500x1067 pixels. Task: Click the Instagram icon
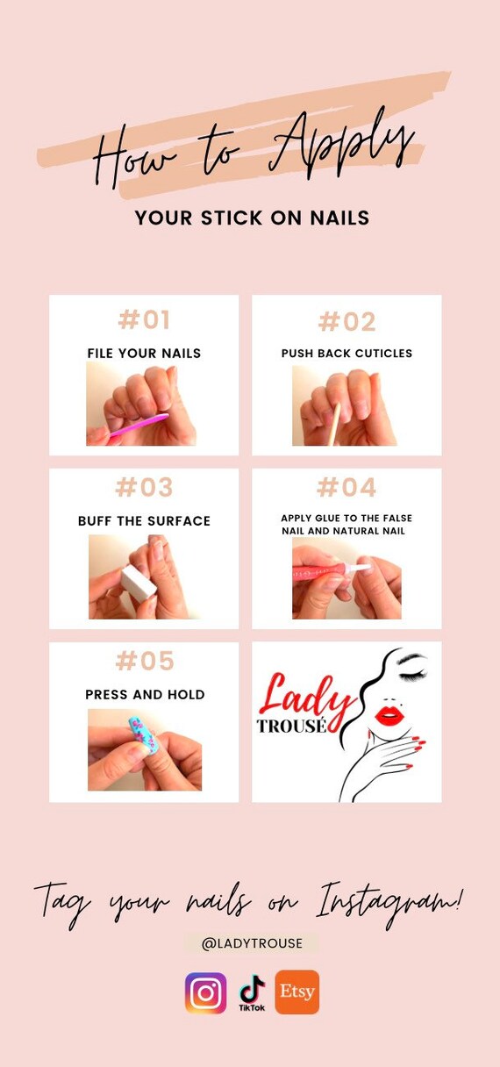[x=206, y=993]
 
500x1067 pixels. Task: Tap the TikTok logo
[x=252, y=993]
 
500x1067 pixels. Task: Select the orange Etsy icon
[x=297, y=992]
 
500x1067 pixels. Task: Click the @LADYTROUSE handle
[x=252, y=943]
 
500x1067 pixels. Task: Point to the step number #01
[x=144, y=319]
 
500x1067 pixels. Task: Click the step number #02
[x=346, y=321]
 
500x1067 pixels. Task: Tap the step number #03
[x=144, y=487]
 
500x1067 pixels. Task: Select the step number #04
[x=346, y=487]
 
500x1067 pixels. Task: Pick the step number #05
[x=145, y=661]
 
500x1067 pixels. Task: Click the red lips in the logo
[x=389, y=715]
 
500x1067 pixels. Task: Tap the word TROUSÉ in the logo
[x=291, y=726]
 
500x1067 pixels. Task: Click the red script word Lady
[x=304, y=697]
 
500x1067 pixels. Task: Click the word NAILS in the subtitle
[x=340, y=218]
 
